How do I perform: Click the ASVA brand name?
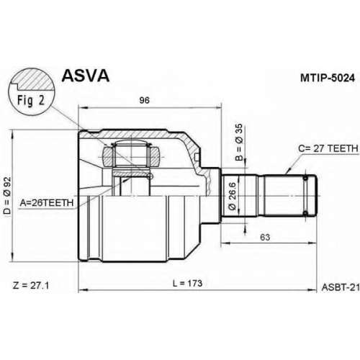(x=86, y=76)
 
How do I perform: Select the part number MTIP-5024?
(x=328, y=78)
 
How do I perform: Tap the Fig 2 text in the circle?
(x=31, y=100)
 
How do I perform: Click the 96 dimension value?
(x=144, y=100)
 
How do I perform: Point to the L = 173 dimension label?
(x=187, y=283)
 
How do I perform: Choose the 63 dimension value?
(x=265, y=237)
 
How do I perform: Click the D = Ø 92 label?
(x=8, y=195)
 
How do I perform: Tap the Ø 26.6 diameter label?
(x=233, y=196)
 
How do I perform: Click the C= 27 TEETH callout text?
(x=328, y=148)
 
